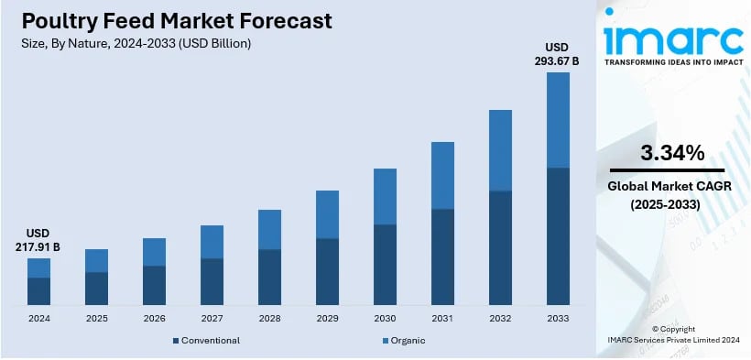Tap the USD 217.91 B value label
coord(38,240)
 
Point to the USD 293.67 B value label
coord(558,54)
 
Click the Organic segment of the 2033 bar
coord(558,120)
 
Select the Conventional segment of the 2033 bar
coord(558,236)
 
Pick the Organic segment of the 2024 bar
coord(38,267)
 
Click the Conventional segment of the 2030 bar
coord(385,265)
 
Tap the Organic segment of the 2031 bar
coord(442,176)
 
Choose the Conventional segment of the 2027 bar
coord(212,281)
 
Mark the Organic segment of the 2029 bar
coord(327,214)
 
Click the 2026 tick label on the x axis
coord(154,319)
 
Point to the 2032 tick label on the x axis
coord(500,319)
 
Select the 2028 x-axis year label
coord(269,319)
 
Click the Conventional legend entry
coord(206,341)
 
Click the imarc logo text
coord(673,38)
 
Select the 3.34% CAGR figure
coord(672,152)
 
